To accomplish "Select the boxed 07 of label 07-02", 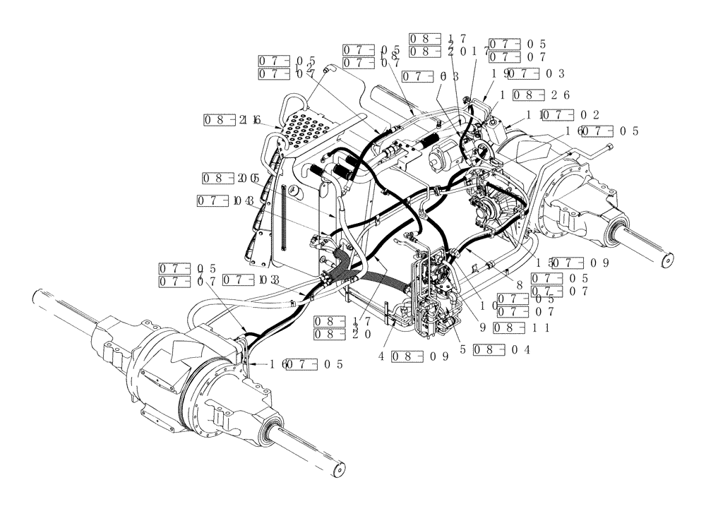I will (556, 114).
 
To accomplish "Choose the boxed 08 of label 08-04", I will (489, 349).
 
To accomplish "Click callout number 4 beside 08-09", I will (381, 356).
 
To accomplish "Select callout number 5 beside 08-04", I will (463, 349).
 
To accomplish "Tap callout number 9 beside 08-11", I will (481, 327).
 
